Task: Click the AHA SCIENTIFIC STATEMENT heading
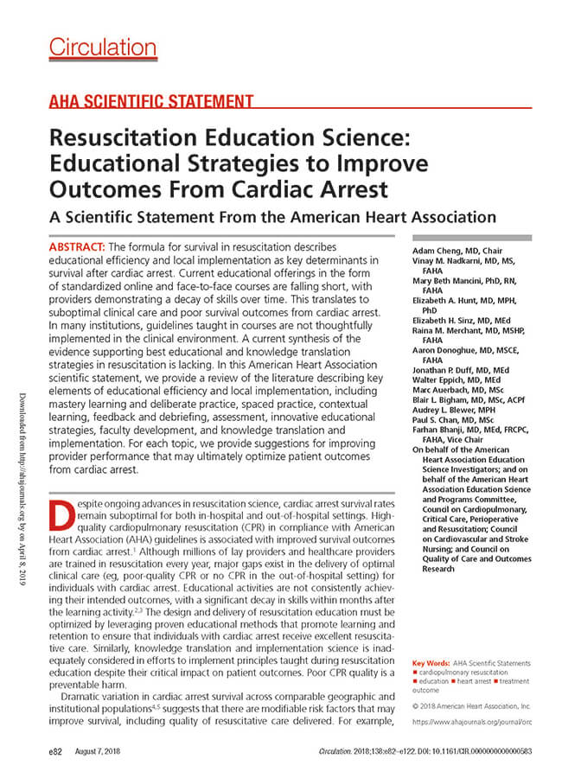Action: (x=150, y=102)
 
